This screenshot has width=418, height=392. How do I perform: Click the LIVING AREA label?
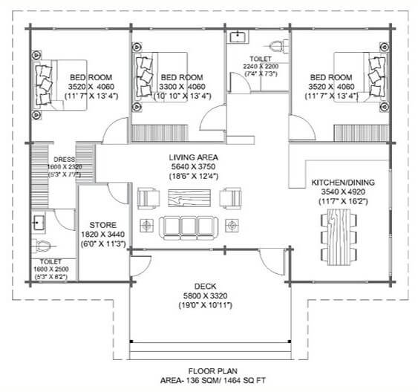[x=192, y=156]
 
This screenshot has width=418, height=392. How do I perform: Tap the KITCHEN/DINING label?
[x=343, y=182]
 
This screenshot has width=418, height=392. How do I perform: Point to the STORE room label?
[x=102, y=223]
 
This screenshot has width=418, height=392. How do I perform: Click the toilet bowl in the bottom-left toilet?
[x=42, y=245]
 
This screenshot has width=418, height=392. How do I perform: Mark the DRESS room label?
[x=59, y=159]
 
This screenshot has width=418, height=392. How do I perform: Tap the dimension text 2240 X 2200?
[x=261, y=66]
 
